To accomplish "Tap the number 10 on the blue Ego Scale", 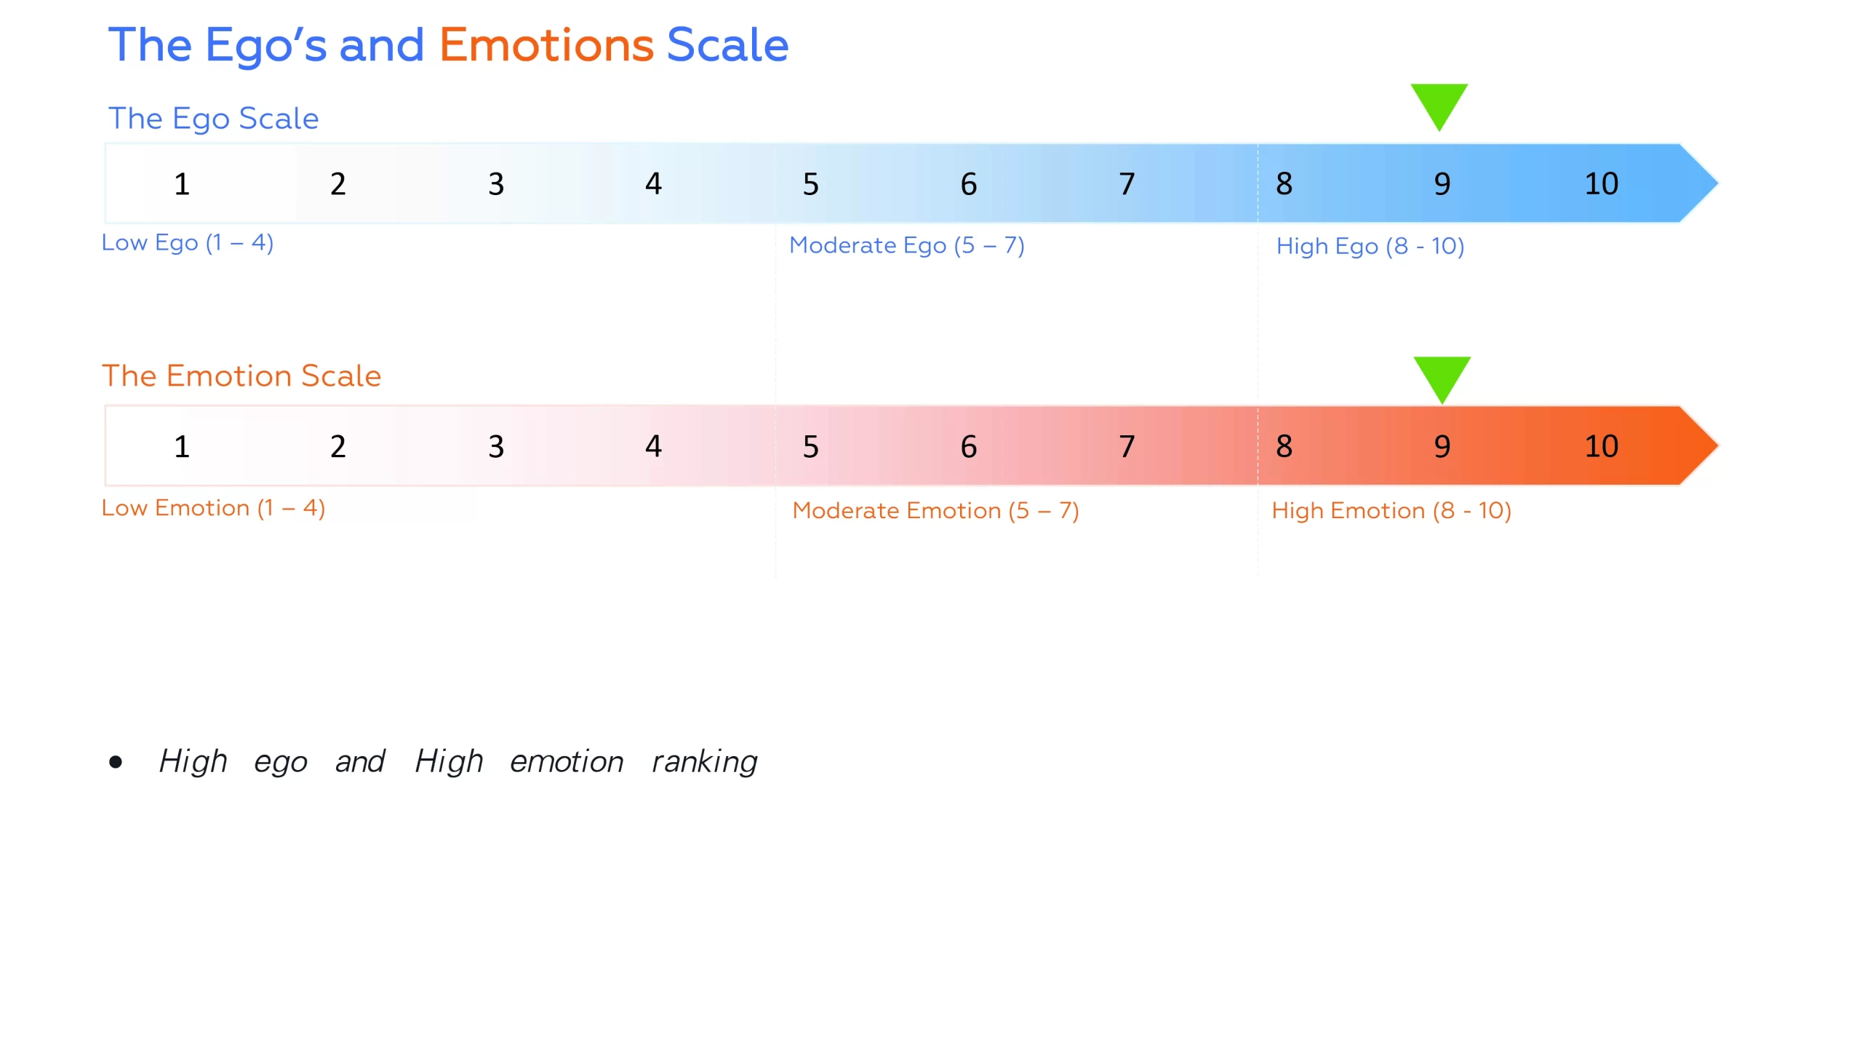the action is click(1601, 183).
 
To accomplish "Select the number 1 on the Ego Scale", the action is click(182, 184).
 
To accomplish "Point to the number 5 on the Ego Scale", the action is click(810, 184).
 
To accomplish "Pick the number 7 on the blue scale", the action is click(1127, 184).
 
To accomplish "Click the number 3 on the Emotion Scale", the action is click(496, 446).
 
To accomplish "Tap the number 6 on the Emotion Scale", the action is click(969, 446).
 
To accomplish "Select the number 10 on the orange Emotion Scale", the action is click(1601, 445).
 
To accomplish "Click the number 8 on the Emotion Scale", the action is click(1284, 445).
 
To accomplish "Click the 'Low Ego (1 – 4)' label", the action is click(188, 242).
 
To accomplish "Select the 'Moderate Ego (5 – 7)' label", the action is click(907, 245).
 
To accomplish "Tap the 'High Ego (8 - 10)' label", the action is click(1370, 246).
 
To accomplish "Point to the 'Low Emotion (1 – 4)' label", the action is click(213, 508).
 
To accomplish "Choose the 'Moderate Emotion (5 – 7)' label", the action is click(935, 511).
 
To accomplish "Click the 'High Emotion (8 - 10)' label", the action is click(1391, 511).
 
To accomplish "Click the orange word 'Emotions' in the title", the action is click(546, 45).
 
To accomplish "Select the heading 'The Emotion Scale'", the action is click(241, 376).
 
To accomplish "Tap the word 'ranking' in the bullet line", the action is click(704, 762).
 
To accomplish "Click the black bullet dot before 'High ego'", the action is click(116, 762).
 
